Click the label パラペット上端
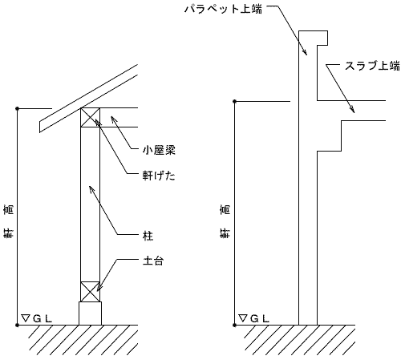[223, 9]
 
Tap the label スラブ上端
[372, 66]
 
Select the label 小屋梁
[159, 150]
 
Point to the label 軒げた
[159, 176]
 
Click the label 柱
[148, 236]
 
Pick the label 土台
[153, 261]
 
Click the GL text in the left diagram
[43, 318]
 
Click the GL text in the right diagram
[260, 318]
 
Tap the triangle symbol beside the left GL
[26, 318]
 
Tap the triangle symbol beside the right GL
[243, 318]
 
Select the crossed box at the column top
[90, 117]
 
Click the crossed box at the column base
[90, 292]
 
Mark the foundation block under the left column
[90, 313]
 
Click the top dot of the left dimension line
[18, 108]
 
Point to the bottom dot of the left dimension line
[18, 326]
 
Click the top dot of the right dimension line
[235, 101]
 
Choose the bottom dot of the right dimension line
[235, 326]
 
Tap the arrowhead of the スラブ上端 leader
[352, 110]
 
